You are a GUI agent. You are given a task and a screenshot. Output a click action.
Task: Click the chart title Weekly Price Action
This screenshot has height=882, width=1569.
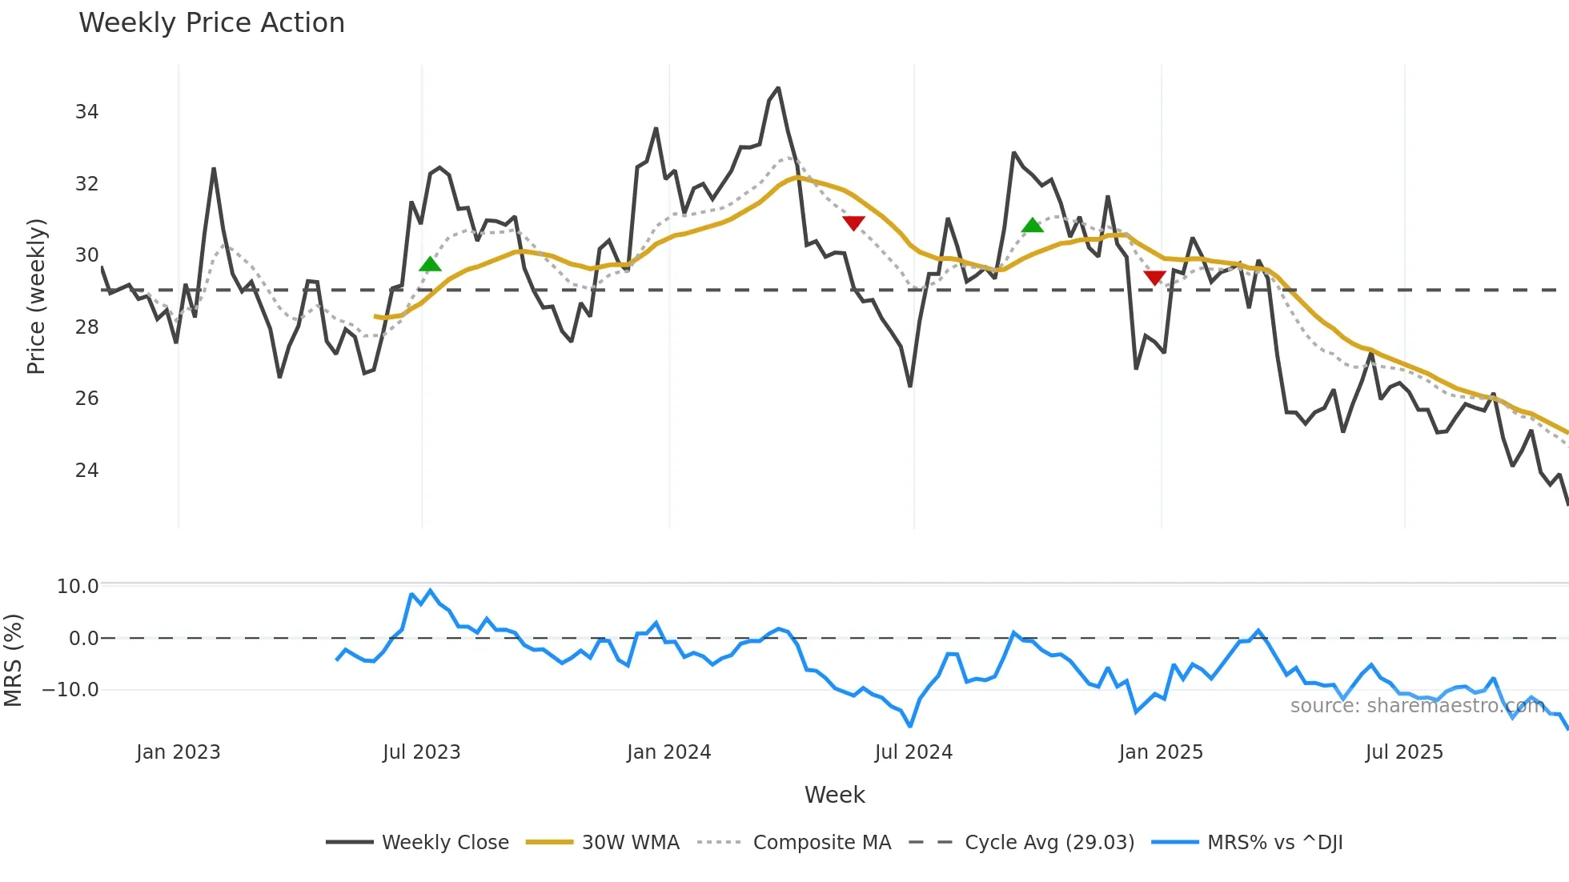tap(211, 23)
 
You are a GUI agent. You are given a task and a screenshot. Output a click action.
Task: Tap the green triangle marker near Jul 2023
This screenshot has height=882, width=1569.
tap(430, 265)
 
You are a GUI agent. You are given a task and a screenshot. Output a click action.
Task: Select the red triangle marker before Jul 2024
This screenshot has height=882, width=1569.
tap(853, 223)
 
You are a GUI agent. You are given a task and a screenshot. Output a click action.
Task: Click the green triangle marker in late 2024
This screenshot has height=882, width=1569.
tap(1032, 226)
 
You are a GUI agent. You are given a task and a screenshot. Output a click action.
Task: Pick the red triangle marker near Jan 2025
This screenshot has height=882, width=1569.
tap(1154, 278)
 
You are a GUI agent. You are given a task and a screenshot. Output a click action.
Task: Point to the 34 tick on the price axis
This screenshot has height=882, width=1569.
tap(86, 112)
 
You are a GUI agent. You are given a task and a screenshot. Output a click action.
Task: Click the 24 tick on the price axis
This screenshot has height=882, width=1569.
tap(86, 471)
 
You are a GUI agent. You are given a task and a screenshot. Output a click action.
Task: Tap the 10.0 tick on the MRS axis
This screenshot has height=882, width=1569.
tap(78, 587)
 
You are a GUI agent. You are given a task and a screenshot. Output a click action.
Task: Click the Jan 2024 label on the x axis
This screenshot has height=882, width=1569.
tap(668, 752)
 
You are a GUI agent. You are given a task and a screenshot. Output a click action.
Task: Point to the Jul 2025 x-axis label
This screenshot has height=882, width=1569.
tap(1404, 752)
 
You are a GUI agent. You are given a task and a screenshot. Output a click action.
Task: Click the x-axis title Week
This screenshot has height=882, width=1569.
tap(834, 795)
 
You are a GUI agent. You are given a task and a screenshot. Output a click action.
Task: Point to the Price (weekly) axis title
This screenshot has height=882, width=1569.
tap(36, 296)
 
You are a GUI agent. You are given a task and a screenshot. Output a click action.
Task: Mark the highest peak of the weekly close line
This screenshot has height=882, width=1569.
tap(777, 89)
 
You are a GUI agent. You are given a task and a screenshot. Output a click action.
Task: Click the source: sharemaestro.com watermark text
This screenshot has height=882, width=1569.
tap(1417, 706)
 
